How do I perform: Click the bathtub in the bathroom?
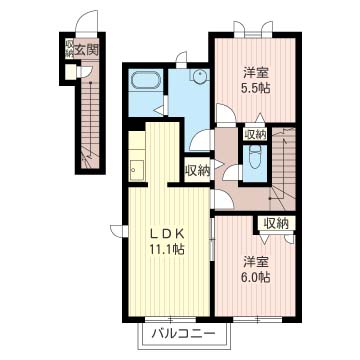click(x=146, y=81)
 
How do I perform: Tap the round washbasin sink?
click(x=200, y=74)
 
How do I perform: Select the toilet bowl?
click(x=255, y=157)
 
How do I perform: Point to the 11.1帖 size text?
click(x=167, y=249)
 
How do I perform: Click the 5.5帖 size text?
click(x=256, y=88)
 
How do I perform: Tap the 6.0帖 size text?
click(x=256, y=277)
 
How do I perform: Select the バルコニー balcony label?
click(x=182, y=334)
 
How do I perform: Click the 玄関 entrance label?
click(x=86, y=50)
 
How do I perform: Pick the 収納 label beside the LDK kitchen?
click(x=198, y=171)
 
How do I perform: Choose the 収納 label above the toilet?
click(x=255, y=135)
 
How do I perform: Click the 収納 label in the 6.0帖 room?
click(x=276, y=224)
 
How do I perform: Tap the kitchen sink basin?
click(x=137, y=170)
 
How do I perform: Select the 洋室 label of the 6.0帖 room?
click(x=256, y=262)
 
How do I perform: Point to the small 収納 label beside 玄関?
click(x=69, y=49)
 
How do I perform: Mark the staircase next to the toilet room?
click(x=283, y=169)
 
